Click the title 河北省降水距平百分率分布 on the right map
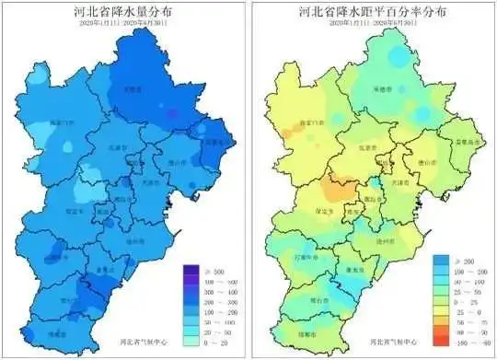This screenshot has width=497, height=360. (372, 13)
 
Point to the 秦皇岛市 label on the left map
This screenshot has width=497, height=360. (215, 143)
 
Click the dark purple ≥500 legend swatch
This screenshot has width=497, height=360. (191, 271)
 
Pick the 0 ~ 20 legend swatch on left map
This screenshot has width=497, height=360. (191, 343)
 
